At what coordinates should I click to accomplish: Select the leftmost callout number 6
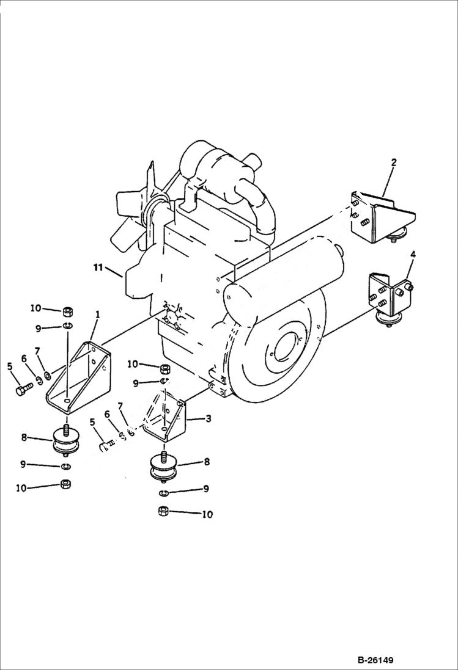pos(24,359)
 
